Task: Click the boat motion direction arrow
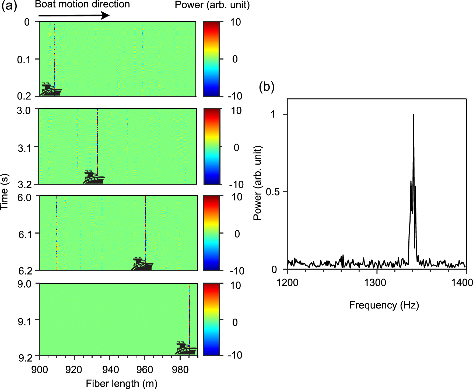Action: tap(74, 15)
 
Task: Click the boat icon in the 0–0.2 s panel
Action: tap(51, 90)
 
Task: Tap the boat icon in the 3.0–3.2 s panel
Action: tap(93, 177)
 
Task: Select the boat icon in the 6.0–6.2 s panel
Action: tap(142, 264)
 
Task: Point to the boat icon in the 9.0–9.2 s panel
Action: tap(186, 348)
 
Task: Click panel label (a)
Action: tap(9, 5)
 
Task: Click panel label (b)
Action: tap(267, 87)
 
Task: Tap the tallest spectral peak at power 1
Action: tap(414, 115)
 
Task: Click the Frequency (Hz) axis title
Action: tap(384, 305)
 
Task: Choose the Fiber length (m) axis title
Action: tap(122, 383)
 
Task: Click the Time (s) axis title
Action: tap(5, 192)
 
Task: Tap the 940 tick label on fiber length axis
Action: tap(110, 370)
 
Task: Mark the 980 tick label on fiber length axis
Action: tap(180, 370)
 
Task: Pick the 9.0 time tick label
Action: tap(24, 284)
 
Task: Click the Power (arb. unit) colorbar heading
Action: tap(212, 5)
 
